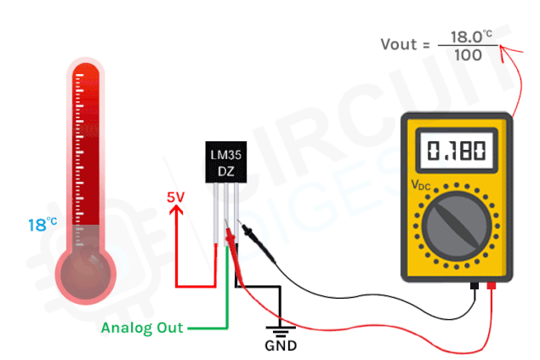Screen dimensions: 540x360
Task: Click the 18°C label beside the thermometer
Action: click(x=43, y=225)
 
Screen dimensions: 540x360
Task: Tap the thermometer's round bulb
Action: click(x=86, y=274)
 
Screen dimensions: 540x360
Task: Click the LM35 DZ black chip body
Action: click(x=226, y=162)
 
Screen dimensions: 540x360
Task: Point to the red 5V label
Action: click(x=176, y=197)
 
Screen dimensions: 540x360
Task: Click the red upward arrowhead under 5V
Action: click(x=176, y=210)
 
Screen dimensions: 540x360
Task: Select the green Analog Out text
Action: click(x=142, y=328)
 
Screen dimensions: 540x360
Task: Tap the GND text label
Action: click(x=281, y=346)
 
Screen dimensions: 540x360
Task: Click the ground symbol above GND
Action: click(x=281, y=331)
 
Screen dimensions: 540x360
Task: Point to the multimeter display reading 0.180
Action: click(x=457, y=151)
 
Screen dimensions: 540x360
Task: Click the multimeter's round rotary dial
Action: click(x=457, y=226)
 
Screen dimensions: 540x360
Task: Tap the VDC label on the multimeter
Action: click(x=421, y=186)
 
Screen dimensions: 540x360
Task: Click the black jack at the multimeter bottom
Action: click(x=475, y=286)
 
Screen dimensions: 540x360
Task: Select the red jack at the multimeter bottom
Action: click(x=492, y=286)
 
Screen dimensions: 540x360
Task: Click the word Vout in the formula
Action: click(x=399, y=44)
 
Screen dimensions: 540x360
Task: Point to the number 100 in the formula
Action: click(x=468, y=55)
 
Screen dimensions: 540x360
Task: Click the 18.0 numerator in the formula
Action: click(x=467, y=37)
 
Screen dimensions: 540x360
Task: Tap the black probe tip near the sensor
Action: click(x=240, y=222)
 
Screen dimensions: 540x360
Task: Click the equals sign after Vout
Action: click(x=427, y=45)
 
